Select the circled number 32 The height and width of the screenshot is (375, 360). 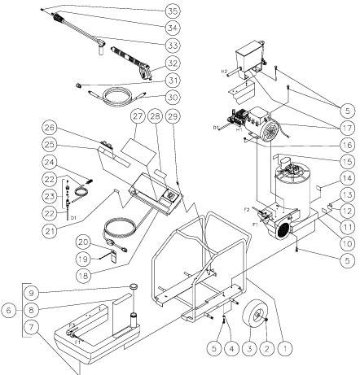(172, 61)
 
